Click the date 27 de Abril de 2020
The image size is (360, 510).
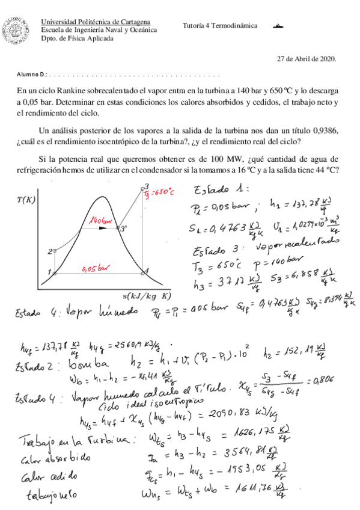(307, 59)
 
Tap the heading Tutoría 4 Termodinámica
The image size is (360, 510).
(220, 26)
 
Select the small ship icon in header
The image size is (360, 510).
(278, 26)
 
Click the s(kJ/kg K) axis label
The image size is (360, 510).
(147, 296)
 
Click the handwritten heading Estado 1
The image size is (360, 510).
(218, 192)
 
